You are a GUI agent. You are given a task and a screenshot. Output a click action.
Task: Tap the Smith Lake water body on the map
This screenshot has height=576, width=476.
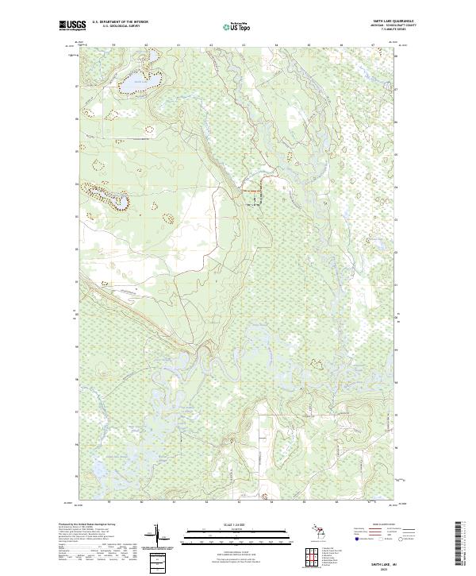pyautogui.click(x=135, y=82)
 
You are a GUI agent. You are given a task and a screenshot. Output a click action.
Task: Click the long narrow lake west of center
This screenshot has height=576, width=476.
pyautogui.click(x=109, y=195)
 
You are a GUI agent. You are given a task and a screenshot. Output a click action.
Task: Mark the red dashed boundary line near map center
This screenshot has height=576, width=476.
pyautogui.click(x=251, y=191)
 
